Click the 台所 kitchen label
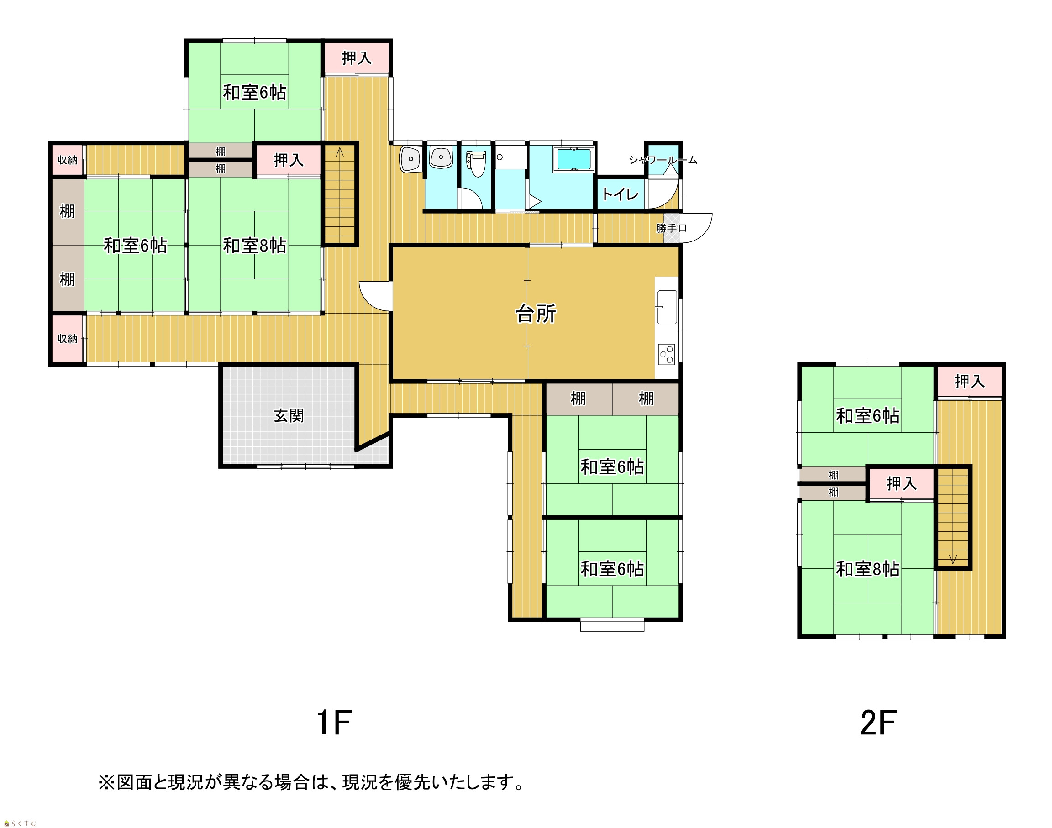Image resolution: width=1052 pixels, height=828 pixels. point(535,314)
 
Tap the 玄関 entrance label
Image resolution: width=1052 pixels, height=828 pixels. point(289,415)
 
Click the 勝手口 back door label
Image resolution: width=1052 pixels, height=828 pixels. point(672,228)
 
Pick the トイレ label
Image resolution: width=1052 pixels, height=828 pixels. point(620,194)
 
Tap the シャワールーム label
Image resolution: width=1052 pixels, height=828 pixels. point(663,159)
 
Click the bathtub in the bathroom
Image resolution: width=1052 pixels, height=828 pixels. point(574,159)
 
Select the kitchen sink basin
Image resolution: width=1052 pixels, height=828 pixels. point(667,307)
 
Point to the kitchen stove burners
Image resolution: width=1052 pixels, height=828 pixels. point(667,354)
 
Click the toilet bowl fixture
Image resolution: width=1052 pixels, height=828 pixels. point(477,163)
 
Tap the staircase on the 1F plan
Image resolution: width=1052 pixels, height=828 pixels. point(340,194)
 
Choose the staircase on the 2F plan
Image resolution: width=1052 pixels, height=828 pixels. point(952,517)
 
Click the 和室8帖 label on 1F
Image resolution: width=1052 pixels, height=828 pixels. point(254,246)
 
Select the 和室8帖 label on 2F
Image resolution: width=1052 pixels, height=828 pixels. point(868,569)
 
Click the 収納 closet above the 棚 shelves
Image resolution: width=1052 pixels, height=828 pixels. point(68,160)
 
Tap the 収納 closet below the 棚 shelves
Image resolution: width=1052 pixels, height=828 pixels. point(68,339)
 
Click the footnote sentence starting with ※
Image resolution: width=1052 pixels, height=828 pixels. point(311,782)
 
